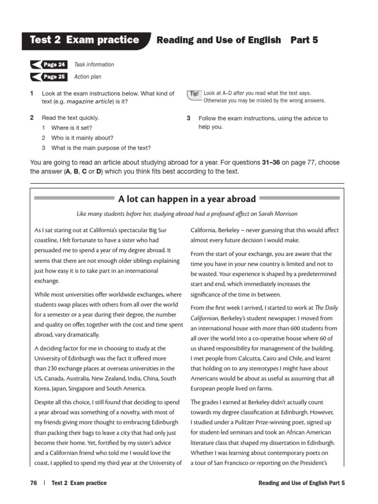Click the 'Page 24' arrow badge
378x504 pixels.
49,64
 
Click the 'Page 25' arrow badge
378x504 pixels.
49,77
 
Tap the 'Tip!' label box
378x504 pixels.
194,94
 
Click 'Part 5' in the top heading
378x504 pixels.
304,40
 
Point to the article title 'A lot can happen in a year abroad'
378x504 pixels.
187,199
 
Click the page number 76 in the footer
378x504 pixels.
33,483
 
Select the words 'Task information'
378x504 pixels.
94,64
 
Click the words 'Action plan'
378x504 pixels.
88,77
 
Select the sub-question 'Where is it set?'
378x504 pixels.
75,128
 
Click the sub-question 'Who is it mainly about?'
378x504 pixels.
82,138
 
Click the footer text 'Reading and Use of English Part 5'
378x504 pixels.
301,483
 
